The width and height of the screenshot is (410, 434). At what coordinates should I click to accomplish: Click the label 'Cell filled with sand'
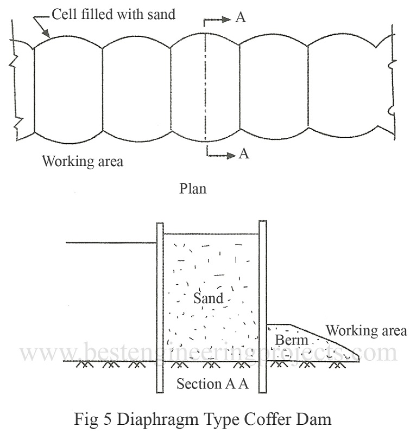[x=114, y=14]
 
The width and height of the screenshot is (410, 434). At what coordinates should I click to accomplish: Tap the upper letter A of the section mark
[x=241, y=17]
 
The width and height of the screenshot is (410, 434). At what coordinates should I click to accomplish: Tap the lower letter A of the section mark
[x=244, y=154]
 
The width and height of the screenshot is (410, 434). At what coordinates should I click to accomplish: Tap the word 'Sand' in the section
[x=208, y=298]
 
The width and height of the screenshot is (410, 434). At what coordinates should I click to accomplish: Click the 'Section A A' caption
[x=212, y=384]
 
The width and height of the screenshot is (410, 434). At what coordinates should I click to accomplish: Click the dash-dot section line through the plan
[x=205, y=87]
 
